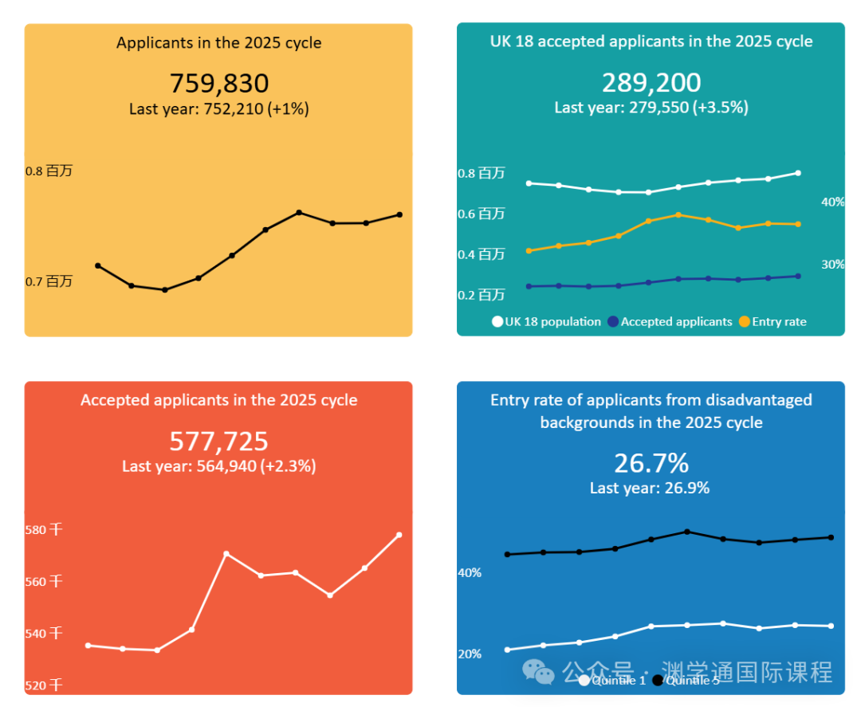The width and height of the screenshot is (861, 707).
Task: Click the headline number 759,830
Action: (218, 84)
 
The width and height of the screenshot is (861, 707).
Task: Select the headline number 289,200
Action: (651, 83)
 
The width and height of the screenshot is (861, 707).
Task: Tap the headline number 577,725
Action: (218, 442)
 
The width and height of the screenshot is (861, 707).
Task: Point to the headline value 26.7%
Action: (651, 463)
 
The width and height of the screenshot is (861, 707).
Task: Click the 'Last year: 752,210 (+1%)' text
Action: (218, 109)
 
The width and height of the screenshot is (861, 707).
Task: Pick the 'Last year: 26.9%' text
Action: (649, 488)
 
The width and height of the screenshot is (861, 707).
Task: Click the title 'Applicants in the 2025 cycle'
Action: (218, 43)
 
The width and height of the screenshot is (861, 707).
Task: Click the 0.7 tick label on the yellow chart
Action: (49, 281)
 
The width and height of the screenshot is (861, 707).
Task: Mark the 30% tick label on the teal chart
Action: (832, 265)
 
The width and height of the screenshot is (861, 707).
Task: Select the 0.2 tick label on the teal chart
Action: (482, 295)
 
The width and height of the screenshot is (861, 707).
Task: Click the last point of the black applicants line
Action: (399, 214)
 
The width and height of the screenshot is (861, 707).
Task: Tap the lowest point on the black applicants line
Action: (165, 290)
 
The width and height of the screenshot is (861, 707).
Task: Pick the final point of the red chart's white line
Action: (399, 535)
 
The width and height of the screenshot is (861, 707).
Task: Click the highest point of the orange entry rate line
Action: (678, 214)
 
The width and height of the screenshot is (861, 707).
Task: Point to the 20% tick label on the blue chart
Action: (470, 654)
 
